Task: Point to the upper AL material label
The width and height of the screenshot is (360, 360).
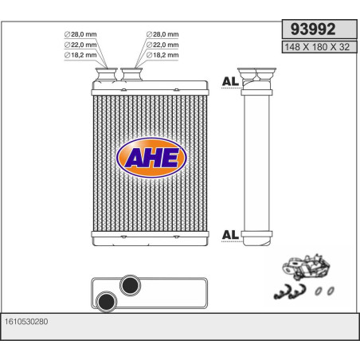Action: [x=229, y=83]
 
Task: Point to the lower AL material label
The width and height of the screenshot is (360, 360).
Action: [x=229, y=234]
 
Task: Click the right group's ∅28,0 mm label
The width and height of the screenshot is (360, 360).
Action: [x=162, y=35]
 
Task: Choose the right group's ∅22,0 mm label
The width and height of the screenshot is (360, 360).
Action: [x=162, y=45]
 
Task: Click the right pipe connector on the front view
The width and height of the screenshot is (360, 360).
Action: [x=131, y=77]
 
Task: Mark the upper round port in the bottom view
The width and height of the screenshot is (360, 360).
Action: [x=128, y=284]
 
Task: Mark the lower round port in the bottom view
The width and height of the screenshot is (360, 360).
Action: [x=105, y=300]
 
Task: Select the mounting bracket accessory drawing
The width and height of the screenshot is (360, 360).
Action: [x=307, y=266]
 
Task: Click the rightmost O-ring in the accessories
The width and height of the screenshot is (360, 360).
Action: [x=329, y=290]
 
